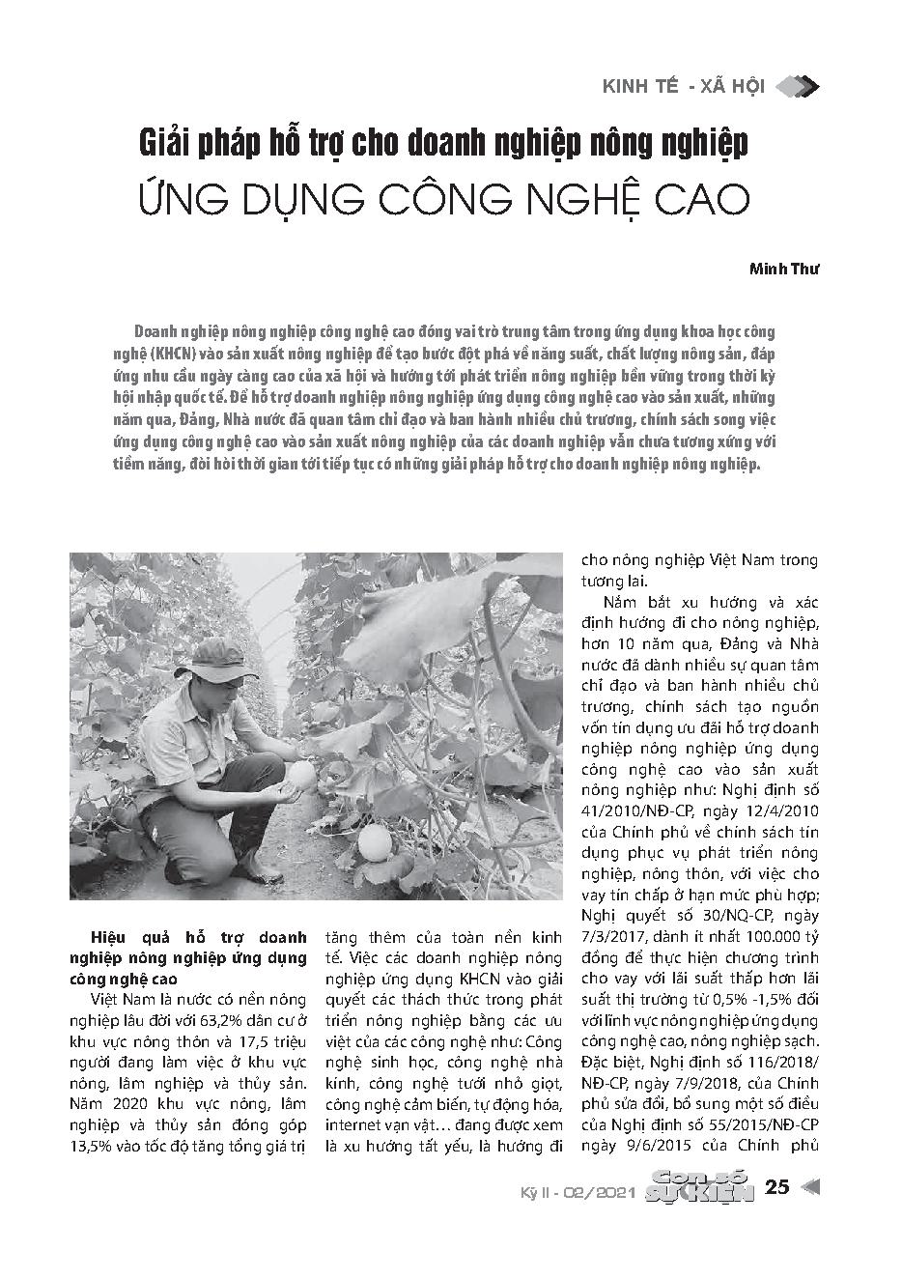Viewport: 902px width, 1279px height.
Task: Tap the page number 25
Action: (776, 1187)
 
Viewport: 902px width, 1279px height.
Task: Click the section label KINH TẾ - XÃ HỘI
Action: (683, 87)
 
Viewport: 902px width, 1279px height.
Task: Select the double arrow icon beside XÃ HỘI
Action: (798, 87)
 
